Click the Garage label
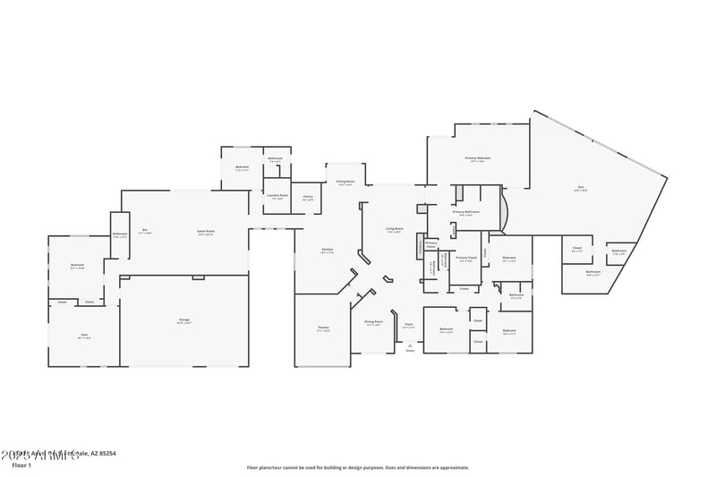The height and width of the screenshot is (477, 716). click(183, 319)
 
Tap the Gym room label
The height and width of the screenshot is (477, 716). click(84, 336)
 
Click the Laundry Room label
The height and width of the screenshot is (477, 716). click(277, 195)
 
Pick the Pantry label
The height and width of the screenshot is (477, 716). click(308, 197)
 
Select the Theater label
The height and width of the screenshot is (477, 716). click(323, 328)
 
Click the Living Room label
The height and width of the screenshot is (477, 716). click(395, 229)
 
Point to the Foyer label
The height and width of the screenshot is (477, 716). click(408, 325)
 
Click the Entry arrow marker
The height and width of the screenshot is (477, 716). click(410, 345)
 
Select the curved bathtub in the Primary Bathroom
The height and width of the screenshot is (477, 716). click(507, 213)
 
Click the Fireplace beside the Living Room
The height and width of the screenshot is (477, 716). click(419, 246)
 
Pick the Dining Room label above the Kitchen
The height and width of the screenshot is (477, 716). click(345, 182)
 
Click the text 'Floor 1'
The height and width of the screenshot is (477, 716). click(21, 465)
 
